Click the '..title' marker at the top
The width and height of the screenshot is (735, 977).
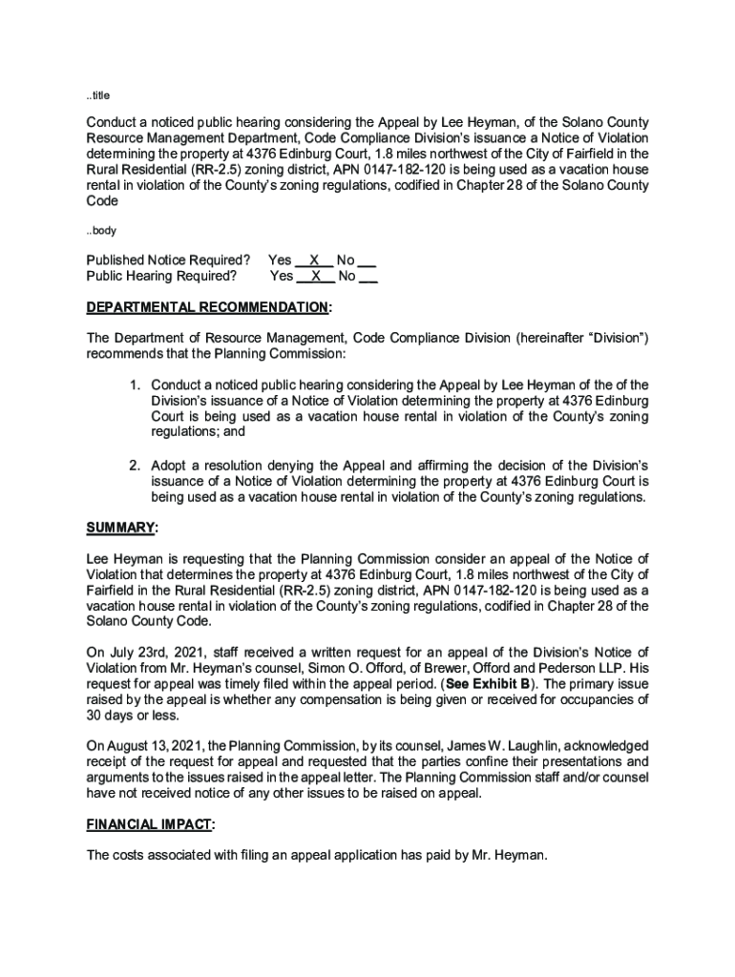pyautogui.click(x=98, y=95)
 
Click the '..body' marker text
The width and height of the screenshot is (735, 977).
pyautogui.click(x=100, y=231)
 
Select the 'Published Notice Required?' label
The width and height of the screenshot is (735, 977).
pyautogui.click(x=168, y=260)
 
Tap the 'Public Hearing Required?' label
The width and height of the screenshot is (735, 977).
pyautogui.click(x=161, y=277)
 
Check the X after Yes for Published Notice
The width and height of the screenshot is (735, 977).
pyautogui.click(x=314, y=260)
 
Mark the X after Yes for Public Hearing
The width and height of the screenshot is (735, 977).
pyautogui.click(x=316, y=277)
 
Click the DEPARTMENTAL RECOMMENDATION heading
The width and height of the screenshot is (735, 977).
pyautogui.click(x=208, y=308)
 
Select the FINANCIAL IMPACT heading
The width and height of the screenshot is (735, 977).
pyautogui.click(x=151, y=823)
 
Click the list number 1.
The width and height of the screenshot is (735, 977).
pyautogui.click(x=136, y=385)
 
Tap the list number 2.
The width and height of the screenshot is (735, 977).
pyautogui.click(x=136, y=466)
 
